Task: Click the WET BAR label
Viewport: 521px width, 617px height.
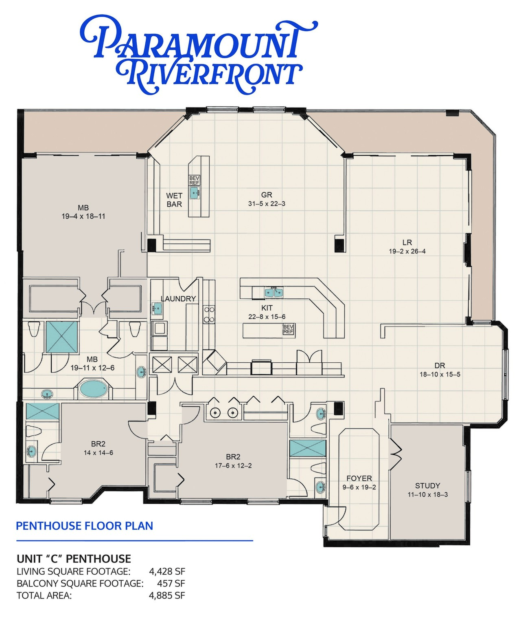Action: click(174, 200)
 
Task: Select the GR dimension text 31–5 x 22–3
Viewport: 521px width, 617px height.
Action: click(267, 204)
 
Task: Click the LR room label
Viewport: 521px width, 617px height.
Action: click(407, 242)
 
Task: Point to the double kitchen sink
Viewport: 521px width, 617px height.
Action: click(274, 292)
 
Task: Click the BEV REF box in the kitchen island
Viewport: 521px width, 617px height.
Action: click(289, 329)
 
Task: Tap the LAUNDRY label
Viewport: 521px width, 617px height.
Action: click(178, 298)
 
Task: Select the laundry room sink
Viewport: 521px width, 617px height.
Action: click(157, 308)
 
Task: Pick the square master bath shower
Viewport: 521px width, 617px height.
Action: click(62, 337)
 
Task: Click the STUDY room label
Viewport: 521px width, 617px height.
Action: click(428, 486)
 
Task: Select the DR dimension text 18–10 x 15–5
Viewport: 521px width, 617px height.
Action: click(440, 375)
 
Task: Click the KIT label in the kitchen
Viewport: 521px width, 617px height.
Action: click(267, 308)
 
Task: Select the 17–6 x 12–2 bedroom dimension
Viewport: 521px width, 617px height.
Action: click(233, 465)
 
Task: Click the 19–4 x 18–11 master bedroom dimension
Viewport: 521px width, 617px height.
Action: click(83, 216)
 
